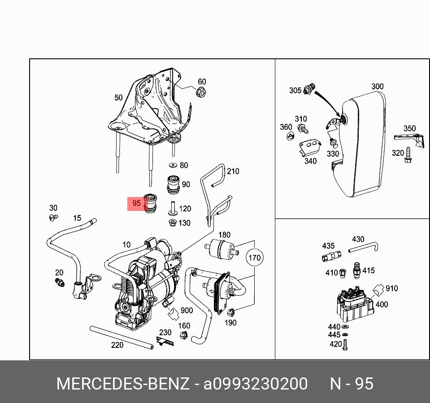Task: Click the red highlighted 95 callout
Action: tap(137, 203)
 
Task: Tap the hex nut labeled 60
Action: tap(201, 93)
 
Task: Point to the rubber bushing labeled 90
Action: tap(173, 184)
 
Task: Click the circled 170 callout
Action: tap(254, 258)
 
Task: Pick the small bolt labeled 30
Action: tap(52, 218)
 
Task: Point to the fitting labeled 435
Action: tap(330, 256)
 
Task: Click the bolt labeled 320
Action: tap(408, 155)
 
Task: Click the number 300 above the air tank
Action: tap(378, 87)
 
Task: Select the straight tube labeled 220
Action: tap(121, 337)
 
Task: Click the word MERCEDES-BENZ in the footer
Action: tap(123, 384)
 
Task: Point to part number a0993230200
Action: tap(256, 384)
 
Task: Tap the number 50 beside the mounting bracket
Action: tap(118, 97)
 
